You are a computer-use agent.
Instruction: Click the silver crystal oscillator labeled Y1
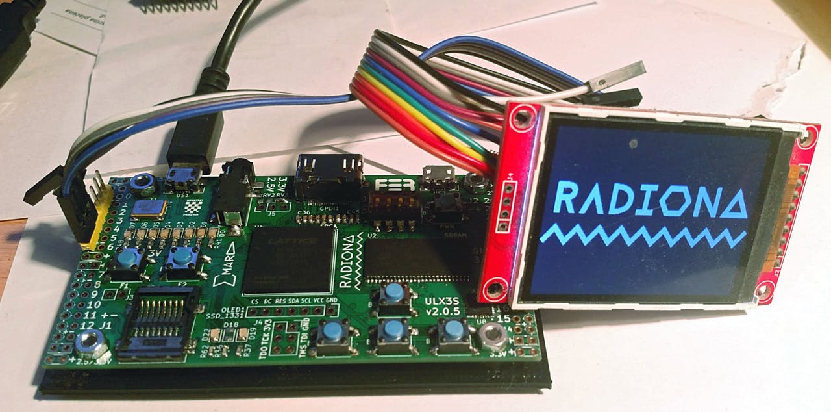click(x=149, y=207)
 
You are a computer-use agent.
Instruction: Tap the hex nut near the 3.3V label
click(x=493, y=335)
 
